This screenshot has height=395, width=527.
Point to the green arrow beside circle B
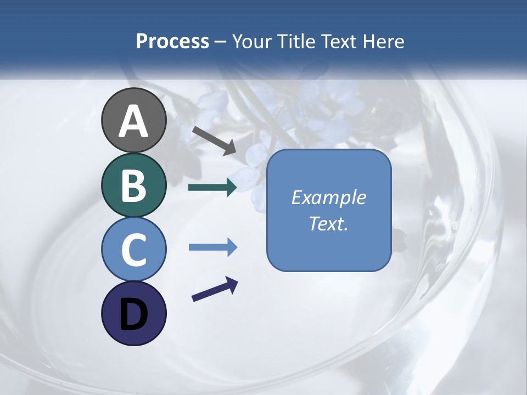click(212, 188)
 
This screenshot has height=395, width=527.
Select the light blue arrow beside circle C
click(212, 247)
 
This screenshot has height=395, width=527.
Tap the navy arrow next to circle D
click(215, 289)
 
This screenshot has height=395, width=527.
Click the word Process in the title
click(172, 41)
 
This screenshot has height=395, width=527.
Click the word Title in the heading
click(296, 41)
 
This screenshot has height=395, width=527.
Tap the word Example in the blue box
click(328, 198)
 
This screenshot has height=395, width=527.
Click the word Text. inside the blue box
click(328, 224)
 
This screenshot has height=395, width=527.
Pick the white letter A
click(133, 121)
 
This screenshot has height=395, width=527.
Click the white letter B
click(133, 185)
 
